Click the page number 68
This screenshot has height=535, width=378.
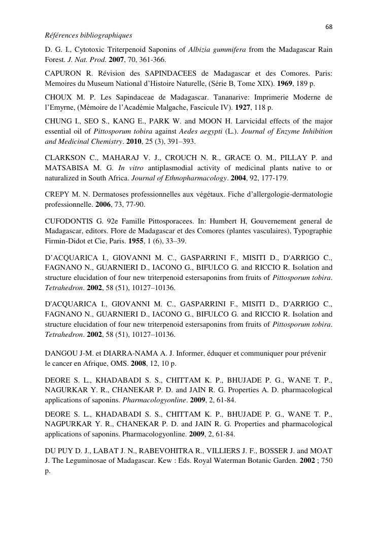329,26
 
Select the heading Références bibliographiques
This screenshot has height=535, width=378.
88,36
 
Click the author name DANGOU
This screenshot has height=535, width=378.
62,353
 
